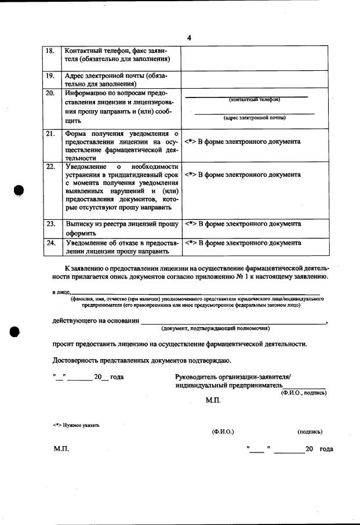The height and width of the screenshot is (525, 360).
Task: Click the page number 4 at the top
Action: (x=189, y=38)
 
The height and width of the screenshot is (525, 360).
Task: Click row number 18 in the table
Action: (x=50, y=50)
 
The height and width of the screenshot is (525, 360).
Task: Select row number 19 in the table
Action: (x=50, y=75)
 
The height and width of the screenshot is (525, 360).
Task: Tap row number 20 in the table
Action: (x=50, y=93)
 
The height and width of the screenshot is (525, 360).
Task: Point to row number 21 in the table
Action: (x=50, y=135)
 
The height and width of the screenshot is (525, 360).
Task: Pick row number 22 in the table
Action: (x=50, y=167)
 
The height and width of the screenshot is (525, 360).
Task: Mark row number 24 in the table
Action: (x=50, y=243)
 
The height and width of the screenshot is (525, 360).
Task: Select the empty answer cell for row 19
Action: (x=255, y=79)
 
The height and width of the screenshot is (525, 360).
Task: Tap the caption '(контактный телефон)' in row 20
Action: (x=254, y=100)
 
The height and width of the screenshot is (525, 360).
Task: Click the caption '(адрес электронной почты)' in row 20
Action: (x=254, y=118)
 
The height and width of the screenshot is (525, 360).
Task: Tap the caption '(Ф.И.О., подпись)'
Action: (x=303, y=393)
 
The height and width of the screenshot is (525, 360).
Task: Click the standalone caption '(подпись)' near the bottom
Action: (x=310, y=432)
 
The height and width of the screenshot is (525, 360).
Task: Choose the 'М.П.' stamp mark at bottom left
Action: (x=61, y=450)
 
